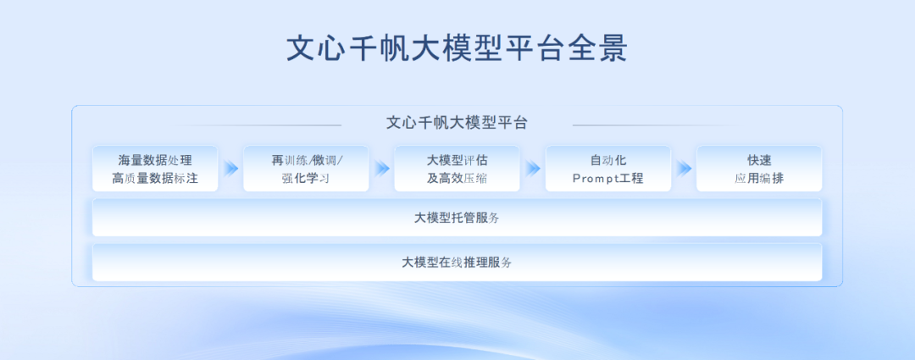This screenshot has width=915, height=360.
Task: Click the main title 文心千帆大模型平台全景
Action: (x=457, y=49)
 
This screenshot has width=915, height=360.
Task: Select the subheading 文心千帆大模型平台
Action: (x=457, y=123)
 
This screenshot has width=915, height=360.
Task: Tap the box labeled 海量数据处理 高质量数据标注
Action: (x=155, y=169)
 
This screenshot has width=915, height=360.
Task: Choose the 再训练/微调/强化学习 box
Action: (x=306, y=169)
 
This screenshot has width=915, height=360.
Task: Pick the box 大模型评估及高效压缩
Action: (x=457, y=169)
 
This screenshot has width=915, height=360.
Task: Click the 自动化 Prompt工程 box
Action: (x=608, y=169)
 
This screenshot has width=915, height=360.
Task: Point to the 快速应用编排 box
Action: (x=759, y=169)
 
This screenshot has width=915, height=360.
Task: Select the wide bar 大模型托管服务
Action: (x=457, y=218)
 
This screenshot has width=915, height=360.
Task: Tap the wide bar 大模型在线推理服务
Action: (x=457, y=262)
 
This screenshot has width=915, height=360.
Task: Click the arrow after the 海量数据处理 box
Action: (x=231, y=169)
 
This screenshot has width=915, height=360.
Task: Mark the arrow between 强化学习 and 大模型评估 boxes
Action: (x=382, y=169)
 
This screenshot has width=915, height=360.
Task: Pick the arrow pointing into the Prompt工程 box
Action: (x=533, y=169)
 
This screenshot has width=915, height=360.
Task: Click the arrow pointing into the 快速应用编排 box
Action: (x=684, y=169)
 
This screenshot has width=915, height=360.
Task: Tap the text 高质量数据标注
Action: (x=155, y=179)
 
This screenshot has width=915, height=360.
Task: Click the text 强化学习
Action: (x=306, y=179)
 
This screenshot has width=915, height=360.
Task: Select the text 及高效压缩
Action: (x=457, y=179)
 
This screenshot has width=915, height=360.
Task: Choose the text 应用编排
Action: (x=759, y=179)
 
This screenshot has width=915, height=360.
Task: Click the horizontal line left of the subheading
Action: (x=257, y=125)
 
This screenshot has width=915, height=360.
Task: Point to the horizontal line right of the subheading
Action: (x=657, y=125)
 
